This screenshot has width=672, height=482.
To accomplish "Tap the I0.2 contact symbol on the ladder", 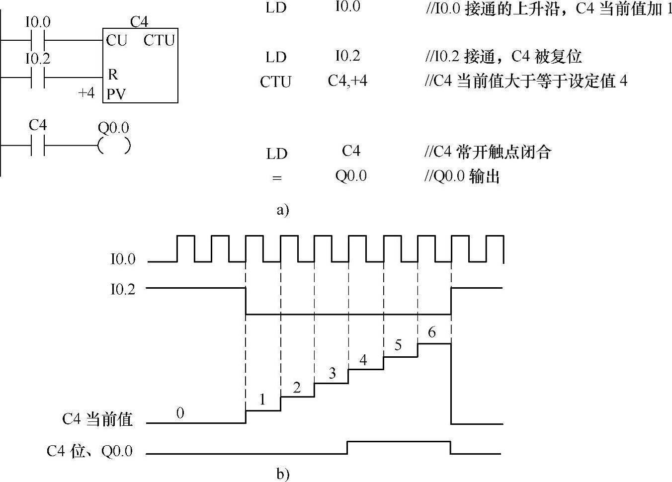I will (38, 78).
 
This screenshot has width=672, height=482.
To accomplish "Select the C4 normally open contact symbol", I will (38, 145).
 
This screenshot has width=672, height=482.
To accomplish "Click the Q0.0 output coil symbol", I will (114, 145).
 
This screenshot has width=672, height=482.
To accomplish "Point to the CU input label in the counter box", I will (116, 40).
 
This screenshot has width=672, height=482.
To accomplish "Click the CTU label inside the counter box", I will (159, 40).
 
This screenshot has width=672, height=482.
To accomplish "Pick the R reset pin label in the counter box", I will (112, 75).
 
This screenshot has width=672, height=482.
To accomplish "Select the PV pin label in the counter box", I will (115, 93).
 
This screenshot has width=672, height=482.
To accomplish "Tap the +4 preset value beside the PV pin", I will (86, 93).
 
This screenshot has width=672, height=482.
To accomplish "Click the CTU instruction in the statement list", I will (275, 81).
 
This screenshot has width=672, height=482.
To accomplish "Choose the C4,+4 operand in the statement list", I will (347, 80).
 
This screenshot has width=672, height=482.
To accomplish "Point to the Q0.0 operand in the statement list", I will (351, 176).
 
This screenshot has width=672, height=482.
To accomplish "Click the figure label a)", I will (282, 210).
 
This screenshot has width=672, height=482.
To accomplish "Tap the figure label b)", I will (282, 474).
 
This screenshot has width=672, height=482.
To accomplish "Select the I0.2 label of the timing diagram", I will (122, 289).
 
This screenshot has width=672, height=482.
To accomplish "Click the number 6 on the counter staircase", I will (431, 332).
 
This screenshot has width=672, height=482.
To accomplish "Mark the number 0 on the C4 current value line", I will (180, 412).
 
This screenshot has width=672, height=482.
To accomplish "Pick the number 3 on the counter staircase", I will (332, 373).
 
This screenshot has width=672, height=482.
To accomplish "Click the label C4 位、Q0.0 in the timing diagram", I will (90, 451).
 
